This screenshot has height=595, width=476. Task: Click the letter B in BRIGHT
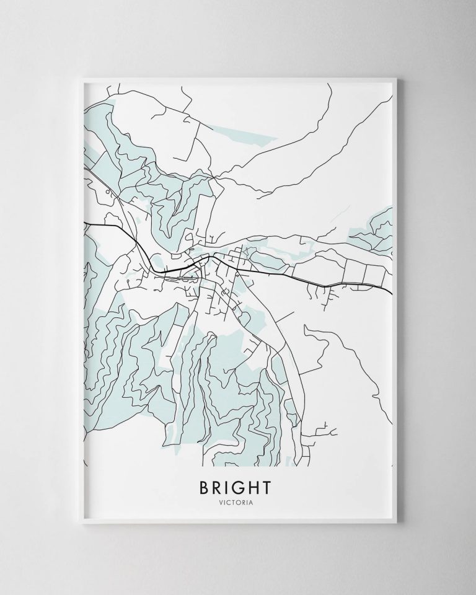click(205, 488)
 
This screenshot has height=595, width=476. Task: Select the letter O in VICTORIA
click(241, 503)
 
